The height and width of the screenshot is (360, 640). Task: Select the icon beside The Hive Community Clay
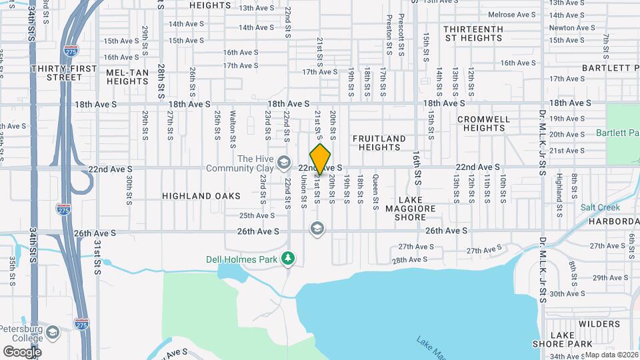click(x=284, y=162)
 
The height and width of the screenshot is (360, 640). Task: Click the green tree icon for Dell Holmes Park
click(x=288, y=257)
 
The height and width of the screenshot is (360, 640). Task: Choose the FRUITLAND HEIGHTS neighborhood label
click(x=379, y=143)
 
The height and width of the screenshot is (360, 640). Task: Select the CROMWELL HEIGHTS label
click(x=484, y=123)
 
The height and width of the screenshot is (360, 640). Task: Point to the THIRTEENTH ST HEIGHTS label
click(x=473, y=33)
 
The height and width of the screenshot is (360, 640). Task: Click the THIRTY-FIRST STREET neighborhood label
click(x=72, y=73)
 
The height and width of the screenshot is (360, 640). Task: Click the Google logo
click(x=22, y=351)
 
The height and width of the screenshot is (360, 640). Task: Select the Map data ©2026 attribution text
click(x=612, y=355)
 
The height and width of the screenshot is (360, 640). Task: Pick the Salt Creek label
click(x=600, y=208)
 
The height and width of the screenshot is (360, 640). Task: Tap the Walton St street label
click(x=233, y=129)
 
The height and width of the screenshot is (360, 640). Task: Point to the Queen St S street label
click(x=375, y=189)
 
